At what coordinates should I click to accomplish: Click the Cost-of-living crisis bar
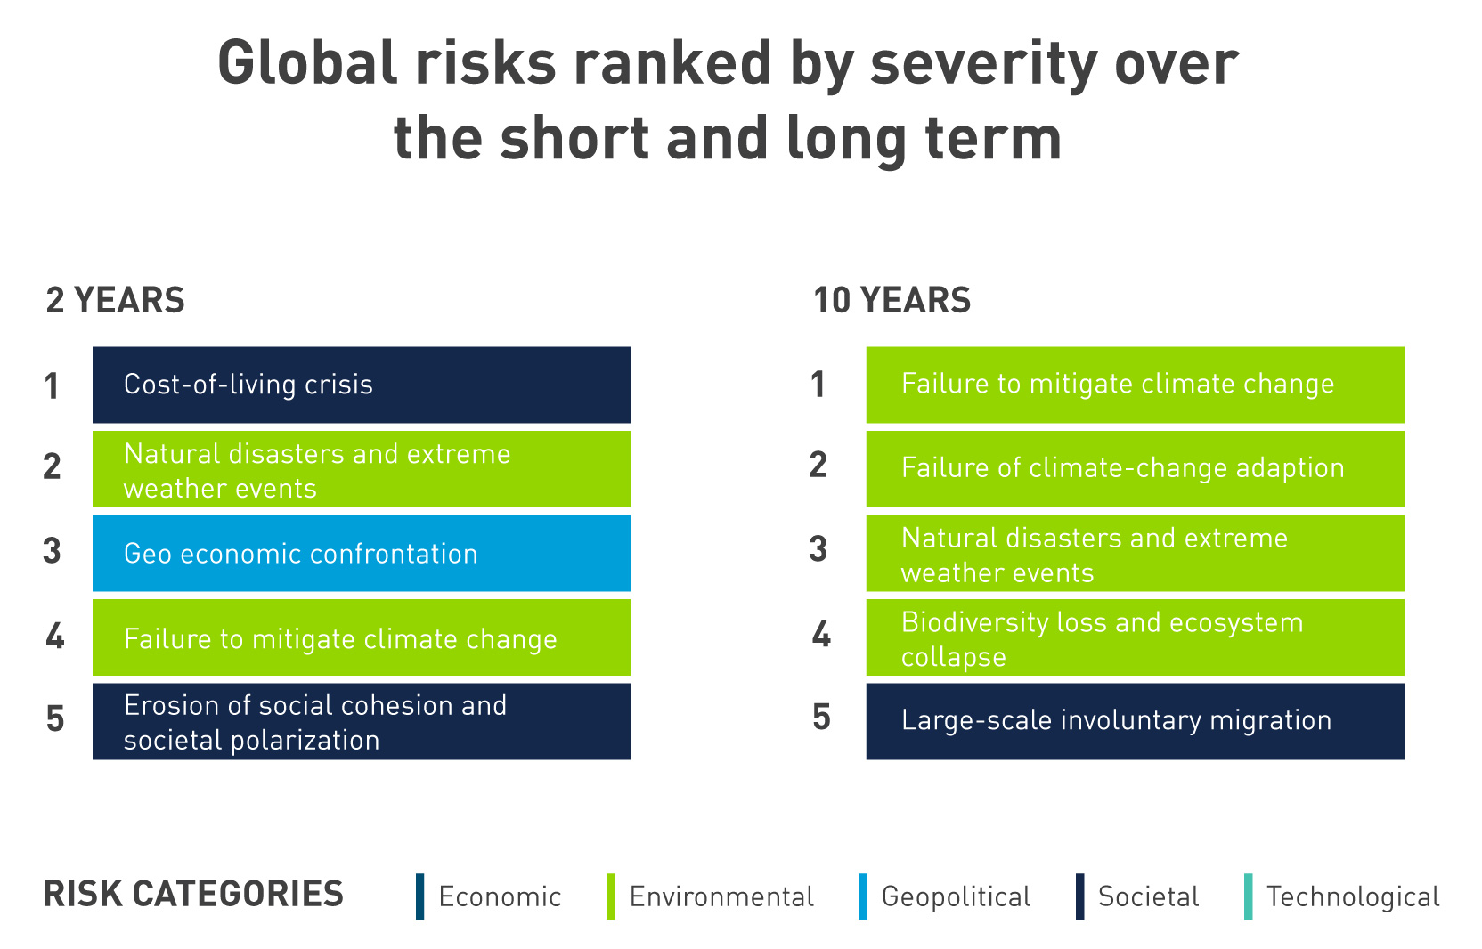pyautogui.click(x=362, y=385)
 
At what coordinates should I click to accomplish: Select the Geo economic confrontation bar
pyautogui.click(x=362, y=554)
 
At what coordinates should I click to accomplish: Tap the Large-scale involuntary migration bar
pyautogui.click(x=1136, y=721)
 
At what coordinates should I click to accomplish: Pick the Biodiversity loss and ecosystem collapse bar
pyautogui.click(x=1136, y=637)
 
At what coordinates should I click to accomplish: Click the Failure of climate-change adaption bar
pyautogui.click(x=1136, y=469)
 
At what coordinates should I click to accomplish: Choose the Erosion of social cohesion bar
pyautogui.click(x=362, y=721)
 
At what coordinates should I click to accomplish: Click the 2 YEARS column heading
pyautogui.click(x=115, y=300)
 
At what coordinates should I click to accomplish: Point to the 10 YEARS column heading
pyautogui.click(x=892, y=300)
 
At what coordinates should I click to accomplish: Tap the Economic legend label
pyautogui.click(x=501, y=896)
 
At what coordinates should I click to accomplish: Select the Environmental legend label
pyautogui.click(x=721, y=896)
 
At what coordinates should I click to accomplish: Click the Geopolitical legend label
pyautogui.click(x=957, y=897)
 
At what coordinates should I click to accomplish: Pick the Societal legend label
pyautogui.click(x=1149, y=896)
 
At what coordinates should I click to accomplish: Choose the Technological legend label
pyautogui.click(x=1353, y=897)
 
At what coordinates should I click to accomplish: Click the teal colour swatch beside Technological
pyautogui.click(x=1249, y=896)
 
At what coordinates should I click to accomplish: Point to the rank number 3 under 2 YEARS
pyautogui.click(x=52, y=551)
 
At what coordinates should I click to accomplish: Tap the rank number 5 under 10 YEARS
pyautogui.click(x=821, y=718)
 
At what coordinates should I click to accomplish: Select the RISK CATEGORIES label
pyautogui.click(x=193, y=894)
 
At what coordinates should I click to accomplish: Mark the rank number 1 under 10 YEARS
pyautogui.click(x=818, y=385)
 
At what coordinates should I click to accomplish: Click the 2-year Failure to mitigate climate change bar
pyautogui.click(x=362, y=637)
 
